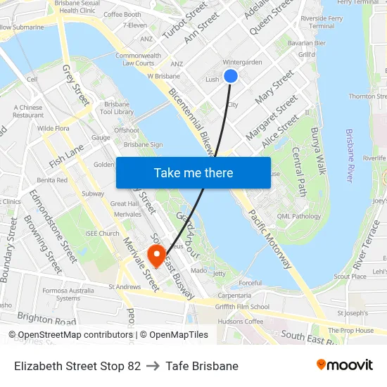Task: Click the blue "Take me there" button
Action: click(193, 172)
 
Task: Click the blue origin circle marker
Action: click(230, 76)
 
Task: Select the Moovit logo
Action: click(344, 365)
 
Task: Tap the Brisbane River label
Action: click(350, 156)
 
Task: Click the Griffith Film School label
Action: click(243, 306)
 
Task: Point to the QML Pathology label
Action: click(298, 217)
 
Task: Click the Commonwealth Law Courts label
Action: click(138, 59)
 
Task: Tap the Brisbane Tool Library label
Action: click(117, 107)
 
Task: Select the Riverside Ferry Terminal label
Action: click(317, 22)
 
